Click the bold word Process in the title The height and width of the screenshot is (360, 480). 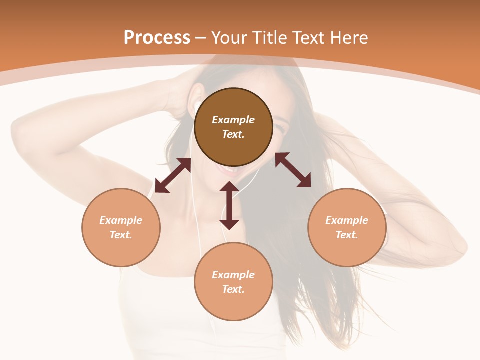click(x=157, y=37)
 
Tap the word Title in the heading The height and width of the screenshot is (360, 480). click(x=268, y=37)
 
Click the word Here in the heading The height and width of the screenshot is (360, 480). click(x=350, y=37)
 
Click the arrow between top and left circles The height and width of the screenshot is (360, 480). click(x=173, y=175)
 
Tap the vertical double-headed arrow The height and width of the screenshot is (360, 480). click(x=229, y=205)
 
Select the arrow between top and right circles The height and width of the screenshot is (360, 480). click(x=293, y=170)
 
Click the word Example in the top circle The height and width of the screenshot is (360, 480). click(x=233, y=120)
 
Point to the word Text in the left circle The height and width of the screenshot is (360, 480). click(x=121, y=235)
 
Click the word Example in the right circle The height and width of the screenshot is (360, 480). click(x=347, y=220)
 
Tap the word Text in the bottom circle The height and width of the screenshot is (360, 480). click(x=233, y=289)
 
